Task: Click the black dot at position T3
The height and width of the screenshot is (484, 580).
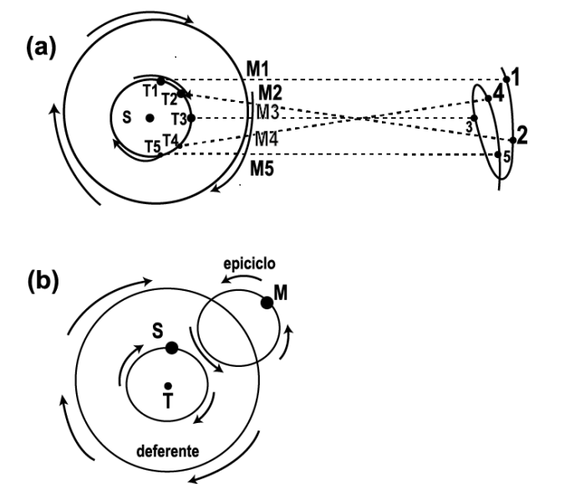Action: tap(191, 118)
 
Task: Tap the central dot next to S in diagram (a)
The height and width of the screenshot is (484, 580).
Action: tap(150, 118)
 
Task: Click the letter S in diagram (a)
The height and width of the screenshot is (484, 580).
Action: tap(126, 118)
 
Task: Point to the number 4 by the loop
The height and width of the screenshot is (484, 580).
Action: tap(498, 94)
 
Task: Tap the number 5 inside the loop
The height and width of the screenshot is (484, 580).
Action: tap(506, 155)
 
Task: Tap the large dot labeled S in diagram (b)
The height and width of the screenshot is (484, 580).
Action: tap(171, 348)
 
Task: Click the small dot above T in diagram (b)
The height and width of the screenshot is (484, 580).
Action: tap(168, 385)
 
